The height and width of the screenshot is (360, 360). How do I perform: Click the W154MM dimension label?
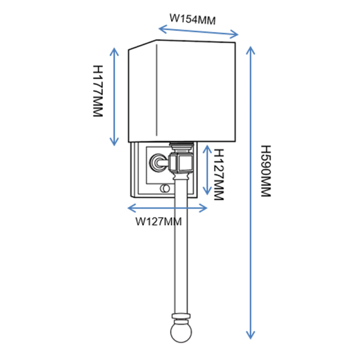[192, 19]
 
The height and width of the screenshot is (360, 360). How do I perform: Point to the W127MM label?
[158, 221]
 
